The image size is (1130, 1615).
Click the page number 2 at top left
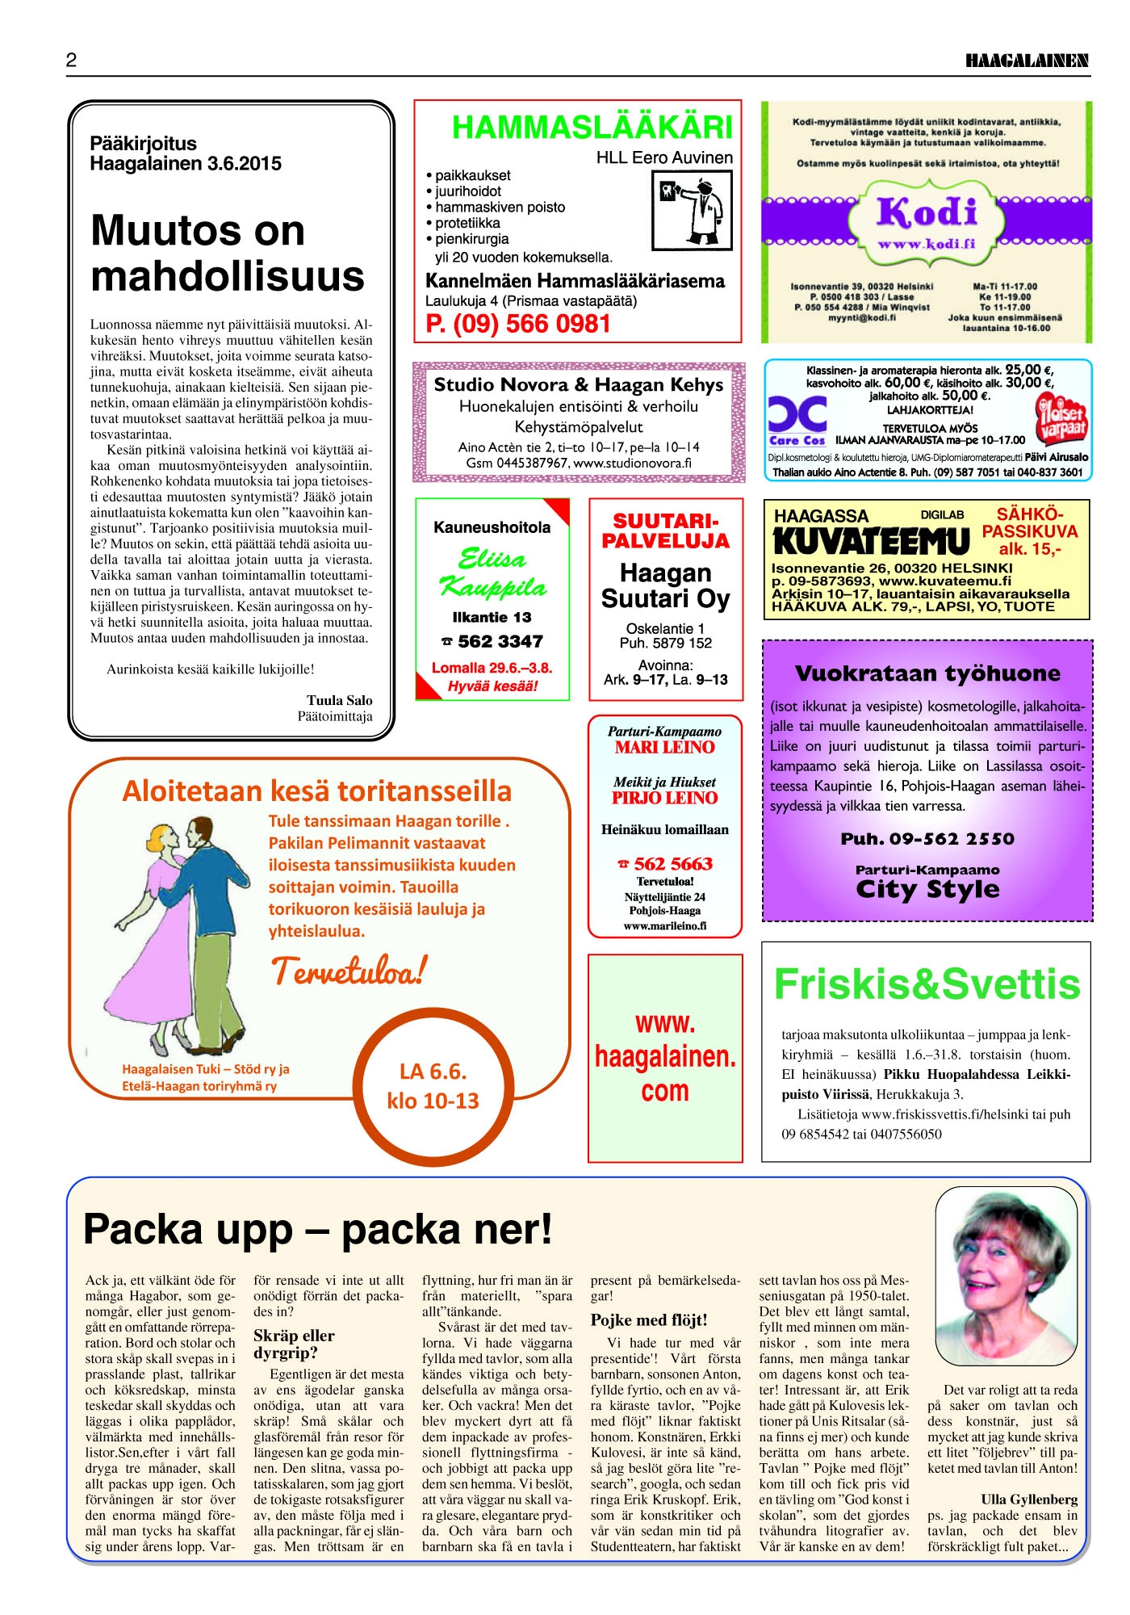(x=72, y=60)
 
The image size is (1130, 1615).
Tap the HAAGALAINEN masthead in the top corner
(x=1027, y=61)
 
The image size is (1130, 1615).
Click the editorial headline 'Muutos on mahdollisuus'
(x=228, y=253)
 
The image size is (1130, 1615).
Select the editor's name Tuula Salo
(x=339, y=700)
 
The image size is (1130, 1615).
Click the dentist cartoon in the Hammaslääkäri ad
(x=692, y=210)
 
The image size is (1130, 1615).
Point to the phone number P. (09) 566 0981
(x=518, y=325)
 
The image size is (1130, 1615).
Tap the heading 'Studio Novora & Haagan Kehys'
(x=578, y=385)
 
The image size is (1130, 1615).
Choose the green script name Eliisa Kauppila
(x=492, y=572)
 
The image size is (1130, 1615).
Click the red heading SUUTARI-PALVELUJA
(x=665, y=531)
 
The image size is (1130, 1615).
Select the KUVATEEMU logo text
(x=871, y=541)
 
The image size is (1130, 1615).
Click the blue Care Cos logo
(x=797, y=420)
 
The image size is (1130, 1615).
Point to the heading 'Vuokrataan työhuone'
(x=927, y=673)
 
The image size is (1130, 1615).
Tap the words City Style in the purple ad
(x=927, y=889)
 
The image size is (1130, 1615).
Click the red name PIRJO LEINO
(x=664, y=798)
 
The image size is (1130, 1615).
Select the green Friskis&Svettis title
(x=927, y=984)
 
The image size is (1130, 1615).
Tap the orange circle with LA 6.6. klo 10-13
(x=433, y=1085)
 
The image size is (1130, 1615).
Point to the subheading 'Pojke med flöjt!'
(x=649, y=1319)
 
